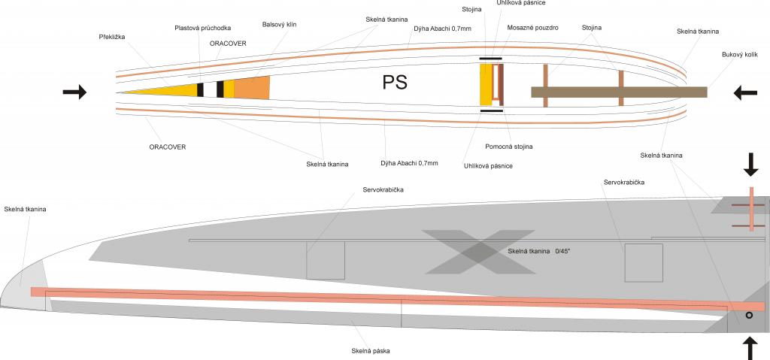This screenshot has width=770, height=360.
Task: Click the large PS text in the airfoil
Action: click(396, 83)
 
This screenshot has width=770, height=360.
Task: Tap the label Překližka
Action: click(112, 37)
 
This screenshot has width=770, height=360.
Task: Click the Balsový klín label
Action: click(280, 24)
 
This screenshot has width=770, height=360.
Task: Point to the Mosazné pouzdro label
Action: click(532, 27)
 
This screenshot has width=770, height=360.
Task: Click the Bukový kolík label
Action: click(740, 55)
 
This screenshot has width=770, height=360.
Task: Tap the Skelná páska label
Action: click(370, 350)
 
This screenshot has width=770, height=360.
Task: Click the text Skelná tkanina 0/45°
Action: click(538, 251)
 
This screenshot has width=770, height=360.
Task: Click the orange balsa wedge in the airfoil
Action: click(252, 87)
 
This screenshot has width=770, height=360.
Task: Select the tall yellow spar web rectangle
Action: click(486, 84)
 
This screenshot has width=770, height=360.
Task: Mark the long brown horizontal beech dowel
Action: click(618, 92)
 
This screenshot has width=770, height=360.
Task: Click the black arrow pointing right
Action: click(74, 92)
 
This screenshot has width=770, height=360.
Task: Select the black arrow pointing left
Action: click(745, 92)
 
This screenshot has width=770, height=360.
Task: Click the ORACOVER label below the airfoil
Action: click(168, 147)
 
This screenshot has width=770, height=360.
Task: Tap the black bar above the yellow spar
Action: click(491, 58)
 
